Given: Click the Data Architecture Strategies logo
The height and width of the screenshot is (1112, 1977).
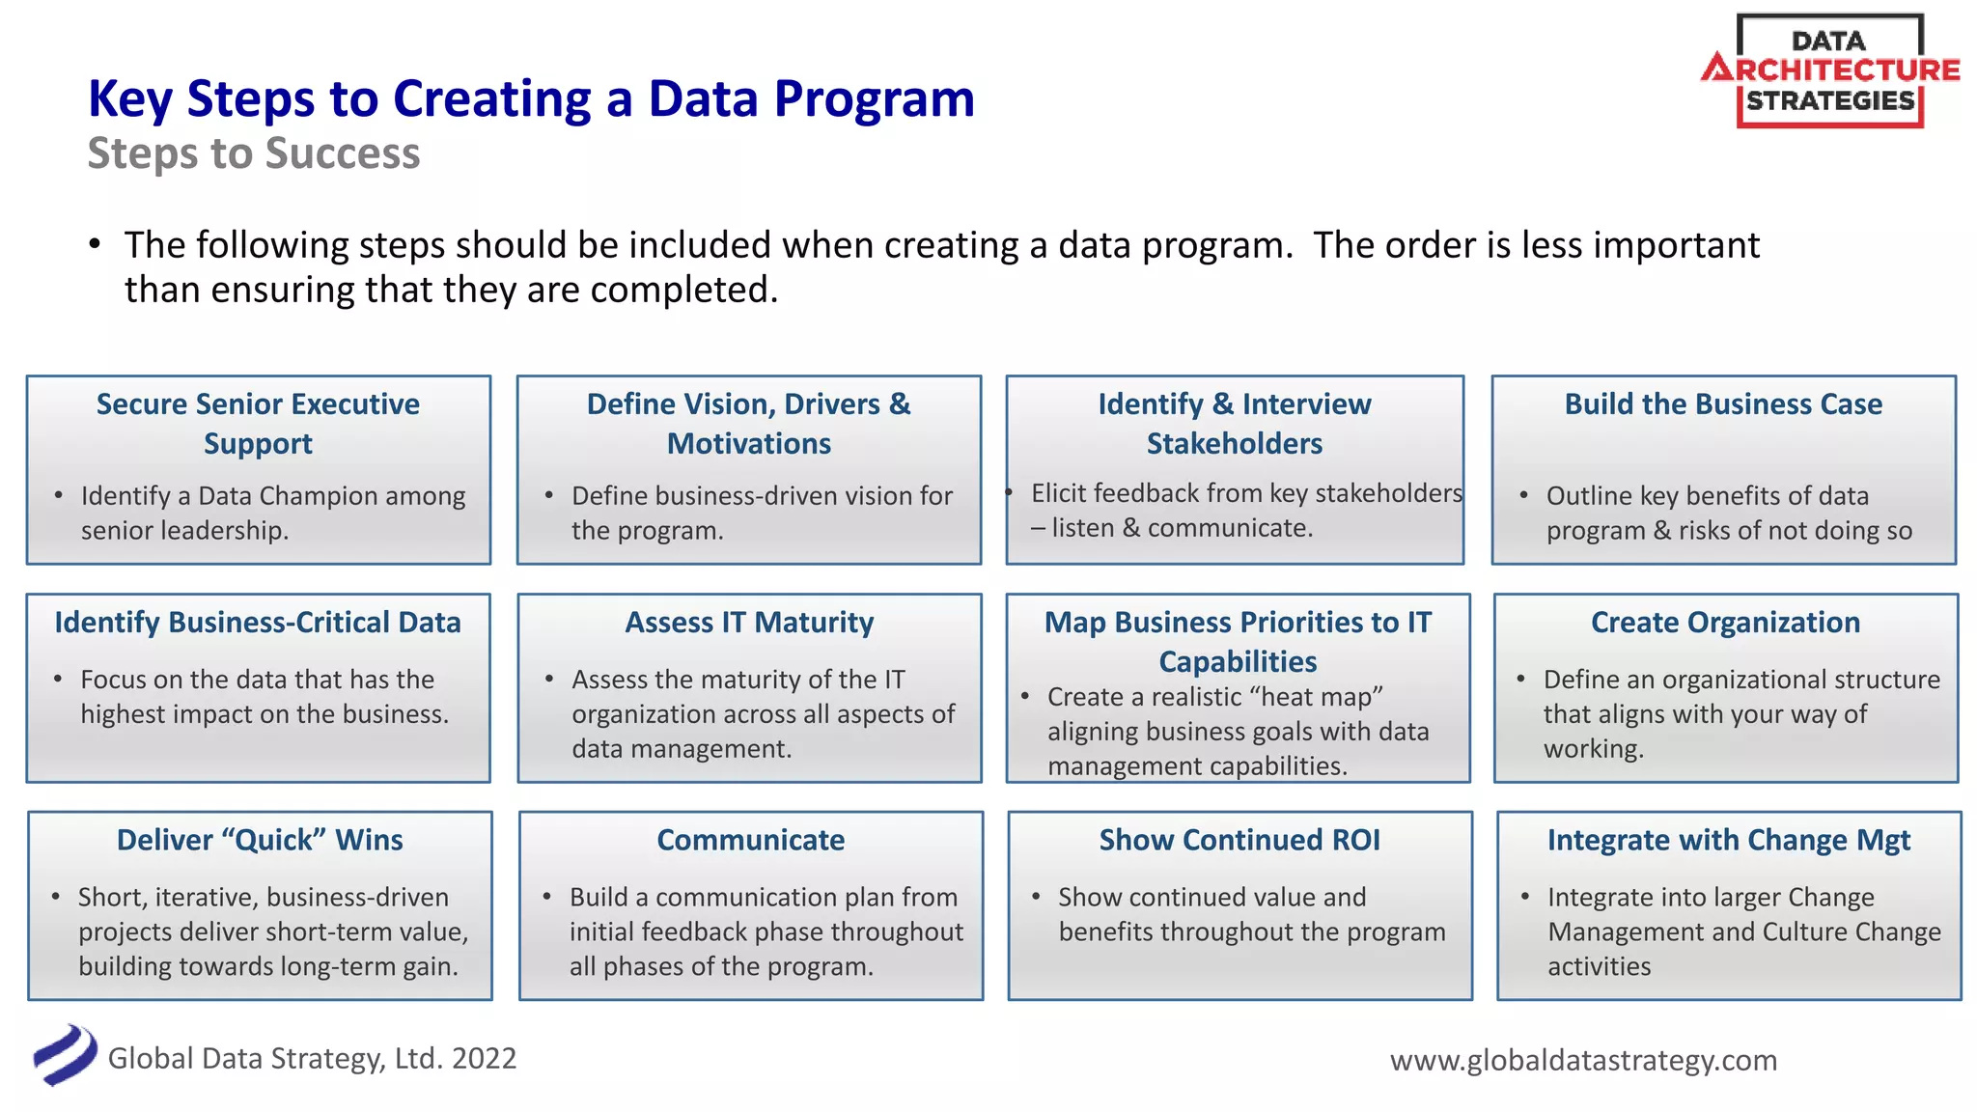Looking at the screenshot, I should pos(1829,71).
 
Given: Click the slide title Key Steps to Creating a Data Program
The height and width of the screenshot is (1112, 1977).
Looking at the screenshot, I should pos(531,99).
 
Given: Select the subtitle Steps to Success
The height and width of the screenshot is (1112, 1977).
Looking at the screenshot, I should pos(254,154).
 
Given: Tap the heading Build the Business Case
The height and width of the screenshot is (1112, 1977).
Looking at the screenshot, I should pos(1723,404).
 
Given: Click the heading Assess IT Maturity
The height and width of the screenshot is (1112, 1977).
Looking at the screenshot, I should pos(749,623).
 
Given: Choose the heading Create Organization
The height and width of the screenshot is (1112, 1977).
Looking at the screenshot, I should pos(1725,623).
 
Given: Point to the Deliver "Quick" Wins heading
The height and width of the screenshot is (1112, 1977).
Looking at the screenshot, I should pos(260,840).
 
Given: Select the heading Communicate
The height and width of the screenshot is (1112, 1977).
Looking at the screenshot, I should pos(750,840).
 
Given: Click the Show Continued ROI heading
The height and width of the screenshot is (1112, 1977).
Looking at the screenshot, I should pos(1239,840).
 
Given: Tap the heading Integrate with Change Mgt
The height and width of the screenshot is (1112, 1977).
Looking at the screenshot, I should pos(1728,840).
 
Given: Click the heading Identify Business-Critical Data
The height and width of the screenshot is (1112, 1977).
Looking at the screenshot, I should pos(258,623).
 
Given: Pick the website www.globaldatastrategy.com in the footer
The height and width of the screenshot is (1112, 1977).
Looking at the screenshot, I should pos(1583,1060).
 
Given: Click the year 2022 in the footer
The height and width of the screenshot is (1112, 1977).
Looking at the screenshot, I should pos(484,1059).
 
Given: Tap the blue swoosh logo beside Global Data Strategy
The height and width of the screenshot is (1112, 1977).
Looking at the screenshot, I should pos(65,1055).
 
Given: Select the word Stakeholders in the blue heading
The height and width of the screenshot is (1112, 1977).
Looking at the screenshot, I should pos(1234,444).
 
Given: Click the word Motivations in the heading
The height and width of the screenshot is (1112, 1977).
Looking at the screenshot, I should pos(749,444).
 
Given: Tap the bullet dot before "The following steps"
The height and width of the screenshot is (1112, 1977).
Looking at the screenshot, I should pos(95,244).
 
